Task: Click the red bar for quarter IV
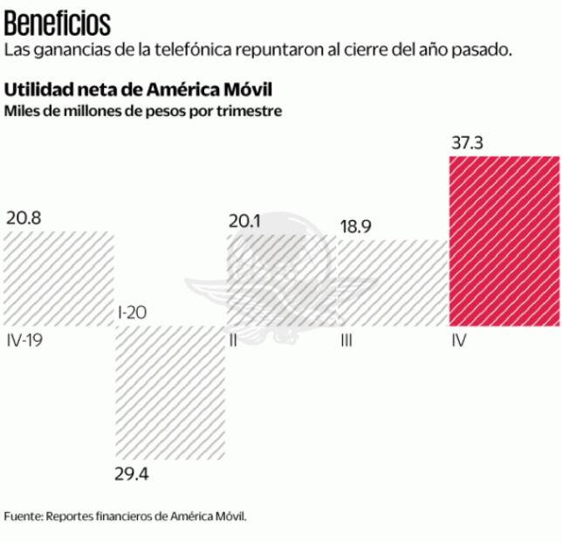[x=504, y=241]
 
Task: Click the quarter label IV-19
[x=24, y=339]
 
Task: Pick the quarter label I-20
[x=131, y=312]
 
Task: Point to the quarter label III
[x=346, y=339]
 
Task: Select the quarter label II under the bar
[x=233, y=339]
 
